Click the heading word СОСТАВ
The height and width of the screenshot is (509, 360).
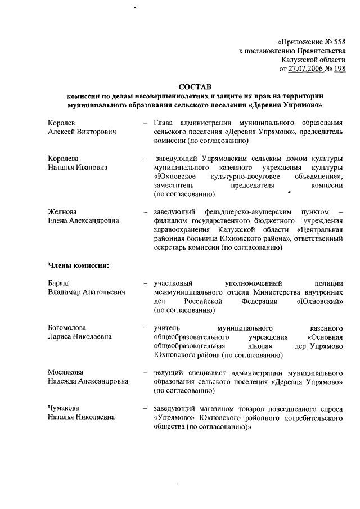193,87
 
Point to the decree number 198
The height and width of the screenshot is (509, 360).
339,69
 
